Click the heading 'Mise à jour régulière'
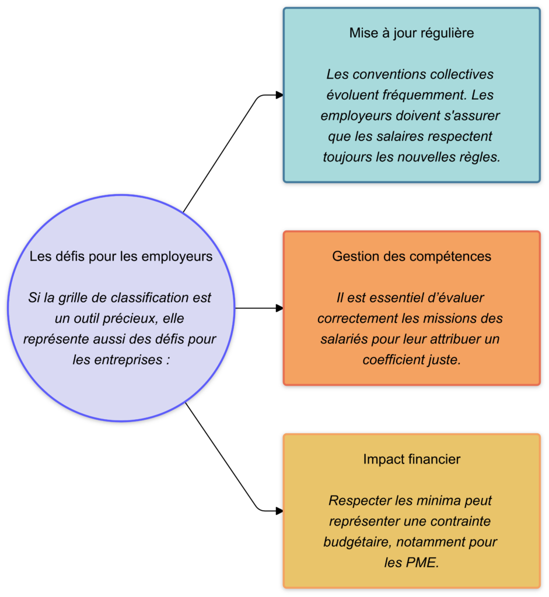tap(411, 33)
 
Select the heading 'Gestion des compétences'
tap(411, 257)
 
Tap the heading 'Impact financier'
tap(411, 459)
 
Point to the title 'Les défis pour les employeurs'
tap(121, 257)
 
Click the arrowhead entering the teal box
tap(279, 95)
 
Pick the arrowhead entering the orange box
tap(279, 308)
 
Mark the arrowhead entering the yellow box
tap(279, 511)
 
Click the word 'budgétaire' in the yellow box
tap(356, 542)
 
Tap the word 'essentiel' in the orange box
tap(390, 298)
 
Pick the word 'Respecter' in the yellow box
tap(355, 501)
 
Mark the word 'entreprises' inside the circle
tap(127, 360)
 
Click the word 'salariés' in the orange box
tap(342, 339)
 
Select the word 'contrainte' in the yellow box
tap(459, 521)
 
